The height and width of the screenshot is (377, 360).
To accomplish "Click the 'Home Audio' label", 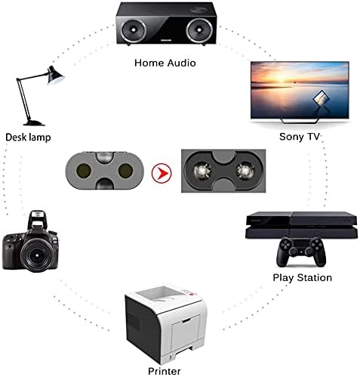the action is click(x=165, y=63).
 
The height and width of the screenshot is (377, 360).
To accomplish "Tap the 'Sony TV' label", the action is click(x=300, y=137).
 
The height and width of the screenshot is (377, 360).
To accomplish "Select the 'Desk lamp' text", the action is click(x=28, y=138).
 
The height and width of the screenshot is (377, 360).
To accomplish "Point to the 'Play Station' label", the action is click(x=303, y=277).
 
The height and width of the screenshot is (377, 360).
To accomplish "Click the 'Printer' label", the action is click(x=165, y=371).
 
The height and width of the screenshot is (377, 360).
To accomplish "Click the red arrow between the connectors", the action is click(x=162, y=173).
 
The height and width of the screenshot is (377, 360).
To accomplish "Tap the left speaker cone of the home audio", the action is click(x=133, y=30).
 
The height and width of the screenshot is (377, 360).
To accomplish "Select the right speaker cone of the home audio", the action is click(x=199, y=30).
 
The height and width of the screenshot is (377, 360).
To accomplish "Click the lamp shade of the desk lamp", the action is click(x=55, y=76).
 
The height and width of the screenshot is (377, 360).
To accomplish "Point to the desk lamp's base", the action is click(x=34, y=123).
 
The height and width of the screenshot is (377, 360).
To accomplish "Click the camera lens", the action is click(x=37, y=255).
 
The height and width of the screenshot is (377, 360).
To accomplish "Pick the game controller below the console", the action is click(x=301, y=252).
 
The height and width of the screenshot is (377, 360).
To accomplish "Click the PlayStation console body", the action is click(x=301, y=225).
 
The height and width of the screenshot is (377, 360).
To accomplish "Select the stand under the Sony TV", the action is click(x=300, y=120).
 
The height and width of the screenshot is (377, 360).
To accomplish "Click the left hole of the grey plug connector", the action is click(x=84, y=171).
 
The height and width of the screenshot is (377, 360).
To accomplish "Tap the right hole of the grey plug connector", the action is click(x=125, y=171).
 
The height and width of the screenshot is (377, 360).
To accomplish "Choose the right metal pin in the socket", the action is click(x=245, y=171).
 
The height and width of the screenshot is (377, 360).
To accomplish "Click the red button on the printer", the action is click(x=191, y=294).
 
